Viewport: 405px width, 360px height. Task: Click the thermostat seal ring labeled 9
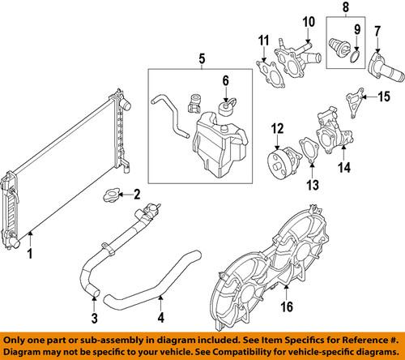(x=305, y=21)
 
